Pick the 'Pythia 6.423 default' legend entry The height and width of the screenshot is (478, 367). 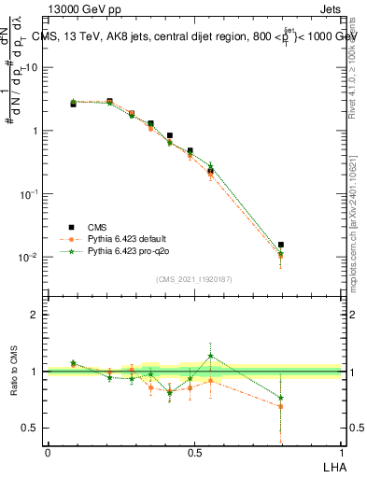click(x=126, y=239)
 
